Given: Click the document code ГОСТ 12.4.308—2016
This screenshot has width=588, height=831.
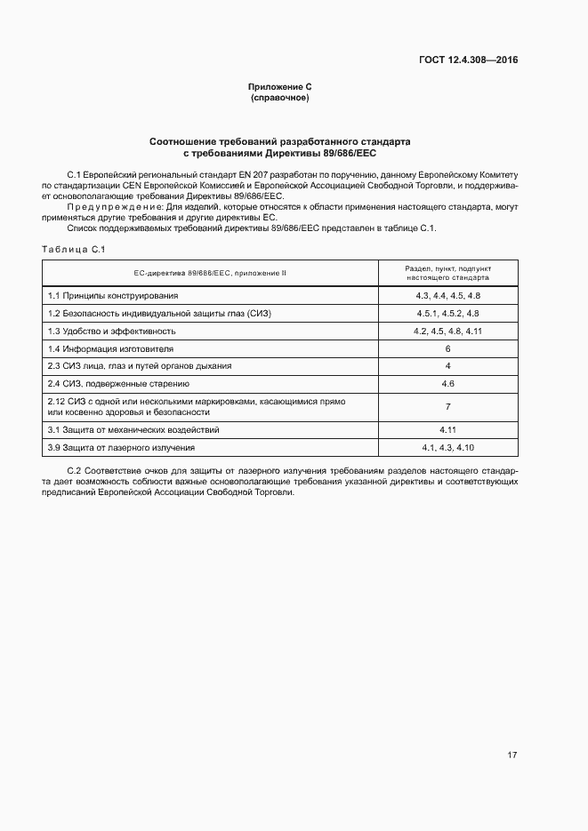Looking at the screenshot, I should (x=468, y=60).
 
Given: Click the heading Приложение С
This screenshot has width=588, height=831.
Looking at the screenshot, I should (x=280, y=86).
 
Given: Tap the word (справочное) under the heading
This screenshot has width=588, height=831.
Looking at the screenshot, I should (x=280, y=97).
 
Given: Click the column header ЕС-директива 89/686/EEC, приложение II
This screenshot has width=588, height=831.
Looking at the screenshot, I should (x=210, y=273).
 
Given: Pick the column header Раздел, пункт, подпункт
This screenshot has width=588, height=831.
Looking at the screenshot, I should (x=447, y=268).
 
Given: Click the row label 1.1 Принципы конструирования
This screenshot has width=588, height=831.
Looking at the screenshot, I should (x=113, y=295).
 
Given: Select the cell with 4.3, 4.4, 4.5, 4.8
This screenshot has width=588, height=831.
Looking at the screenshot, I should (x=447, y=295).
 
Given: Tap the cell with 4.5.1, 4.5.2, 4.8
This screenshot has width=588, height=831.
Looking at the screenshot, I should (x=447, y=313).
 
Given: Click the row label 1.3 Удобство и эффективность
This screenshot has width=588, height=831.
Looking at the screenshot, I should (x=112, y=331).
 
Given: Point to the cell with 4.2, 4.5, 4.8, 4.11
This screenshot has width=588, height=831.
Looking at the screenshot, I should (x=447, y=331).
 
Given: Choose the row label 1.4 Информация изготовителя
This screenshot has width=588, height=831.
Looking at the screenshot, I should (x=111, y=348).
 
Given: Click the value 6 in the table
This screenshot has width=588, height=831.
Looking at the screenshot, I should (x=447, y=348).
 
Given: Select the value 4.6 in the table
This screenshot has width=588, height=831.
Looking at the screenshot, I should (x=447, y=384).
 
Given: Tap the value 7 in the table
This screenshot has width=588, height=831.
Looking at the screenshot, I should (x=447, y=407).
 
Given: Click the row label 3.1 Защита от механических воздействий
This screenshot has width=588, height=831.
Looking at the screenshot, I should (x=133, y=430).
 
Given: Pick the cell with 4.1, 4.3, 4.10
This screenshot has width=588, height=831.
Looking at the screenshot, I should (x=447, y=448).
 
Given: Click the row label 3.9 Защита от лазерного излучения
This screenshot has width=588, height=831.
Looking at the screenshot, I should (x=121, y=448).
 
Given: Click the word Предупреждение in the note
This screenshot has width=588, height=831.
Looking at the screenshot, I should (x=110, y=207).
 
